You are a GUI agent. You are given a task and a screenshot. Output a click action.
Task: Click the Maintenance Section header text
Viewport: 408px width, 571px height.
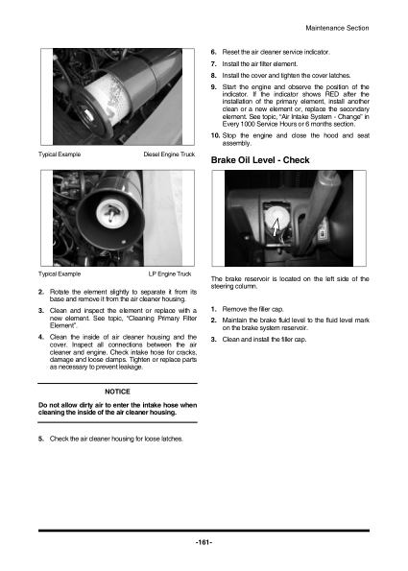[337, 28]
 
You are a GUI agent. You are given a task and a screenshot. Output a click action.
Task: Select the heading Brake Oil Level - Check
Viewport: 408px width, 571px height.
[260, 160]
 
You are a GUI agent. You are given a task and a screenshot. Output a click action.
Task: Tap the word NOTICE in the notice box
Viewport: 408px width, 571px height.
[117, 392]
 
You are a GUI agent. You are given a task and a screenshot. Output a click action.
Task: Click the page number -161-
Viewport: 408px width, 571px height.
[204, 542]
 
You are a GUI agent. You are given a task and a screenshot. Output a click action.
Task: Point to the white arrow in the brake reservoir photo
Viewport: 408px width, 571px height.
[275, 226]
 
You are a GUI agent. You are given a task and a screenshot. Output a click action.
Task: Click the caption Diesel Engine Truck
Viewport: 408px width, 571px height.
[169, 155]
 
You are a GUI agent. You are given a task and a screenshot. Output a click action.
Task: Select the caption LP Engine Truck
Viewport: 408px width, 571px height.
[170, 274]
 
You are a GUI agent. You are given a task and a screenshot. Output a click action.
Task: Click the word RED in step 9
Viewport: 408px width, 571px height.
[332, 94]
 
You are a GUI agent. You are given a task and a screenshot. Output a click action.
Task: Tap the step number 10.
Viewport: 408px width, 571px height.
[215, 135]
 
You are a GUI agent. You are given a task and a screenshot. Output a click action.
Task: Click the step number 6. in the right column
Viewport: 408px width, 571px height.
[214, 52]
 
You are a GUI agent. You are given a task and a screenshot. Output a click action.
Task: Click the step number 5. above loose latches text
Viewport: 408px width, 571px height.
[41, 439]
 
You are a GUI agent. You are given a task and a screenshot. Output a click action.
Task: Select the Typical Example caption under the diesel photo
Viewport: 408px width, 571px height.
[60, 155]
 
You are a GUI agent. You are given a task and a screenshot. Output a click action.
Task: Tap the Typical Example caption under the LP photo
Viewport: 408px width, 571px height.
[60, 274]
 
